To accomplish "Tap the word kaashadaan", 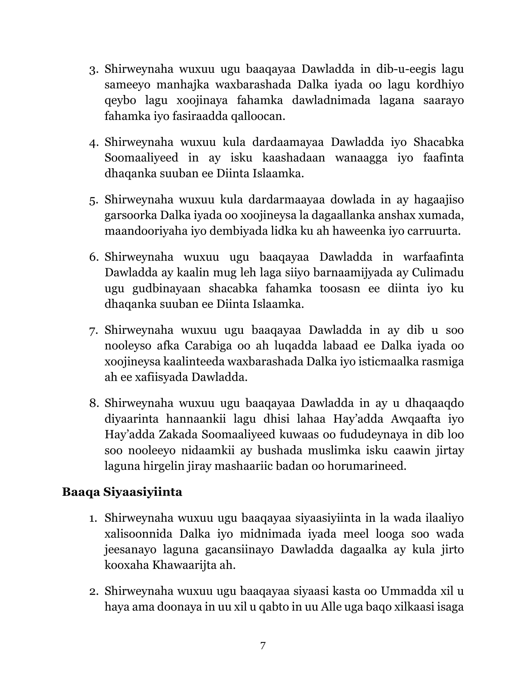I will point(294,158).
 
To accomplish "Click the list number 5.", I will point(94,201).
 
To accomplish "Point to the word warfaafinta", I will point(433,257).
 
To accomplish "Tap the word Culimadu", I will point(438,272).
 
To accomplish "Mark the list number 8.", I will point(94,403).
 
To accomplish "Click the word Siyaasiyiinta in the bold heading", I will point(143,492).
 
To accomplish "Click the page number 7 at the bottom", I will point(263,645).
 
